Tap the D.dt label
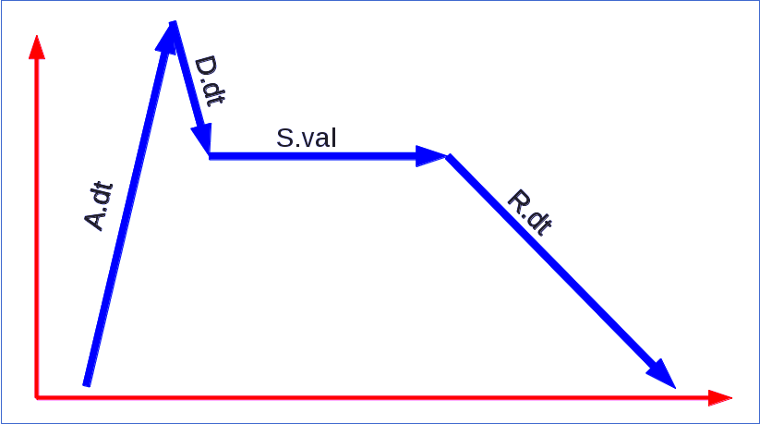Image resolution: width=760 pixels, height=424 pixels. (x=210, y=81)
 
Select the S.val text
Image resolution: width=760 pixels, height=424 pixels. (x=307, y=139)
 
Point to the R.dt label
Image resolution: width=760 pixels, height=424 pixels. (x=530, y=213)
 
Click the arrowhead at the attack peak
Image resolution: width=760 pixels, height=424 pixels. (x=170, y=32)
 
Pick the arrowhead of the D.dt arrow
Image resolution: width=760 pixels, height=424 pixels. (x=202, y=139)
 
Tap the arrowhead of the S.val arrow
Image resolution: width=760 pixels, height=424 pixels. (x=430, y=156)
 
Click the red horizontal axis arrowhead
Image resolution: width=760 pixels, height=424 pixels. (x=720, y=398)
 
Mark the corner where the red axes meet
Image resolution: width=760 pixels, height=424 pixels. (x=36, y=397)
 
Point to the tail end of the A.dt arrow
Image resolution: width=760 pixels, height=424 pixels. (x=87, y=382)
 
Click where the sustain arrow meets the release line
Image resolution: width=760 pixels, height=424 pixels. (x=448, y=156)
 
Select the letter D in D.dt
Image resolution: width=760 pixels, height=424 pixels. (x=204, y=66)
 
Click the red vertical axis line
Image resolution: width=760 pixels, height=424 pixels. (x=36, y=231)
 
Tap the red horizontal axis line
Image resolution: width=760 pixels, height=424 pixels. (x=369, y=397)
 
